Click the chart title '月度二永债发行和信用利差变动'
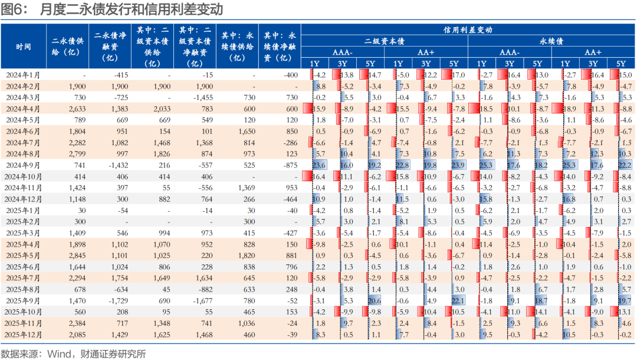pyautogui.click(x=124, y=10)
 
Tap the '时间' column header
pyautogui.click(x=24, y=47)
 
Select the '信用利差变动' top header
pyautogui.click(x=468, y=30)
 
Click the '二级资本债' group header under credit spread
pyautogui.click(x=384, y=41)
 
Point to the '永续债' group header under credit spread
pyautogui.click(x=551, y=41)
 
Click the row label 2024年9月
pyautogui.click(x=24, y=165)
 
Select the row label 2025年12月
pyautogui.click(x=24, y=334)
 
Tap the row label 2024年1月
pyautogui.click(x=24, y=75)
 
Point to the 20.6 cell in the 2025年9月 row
pyautogui.click(x=374, y=300)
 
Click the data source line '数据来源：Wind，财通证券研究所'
pyautogui.click(x=73, y=354)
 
